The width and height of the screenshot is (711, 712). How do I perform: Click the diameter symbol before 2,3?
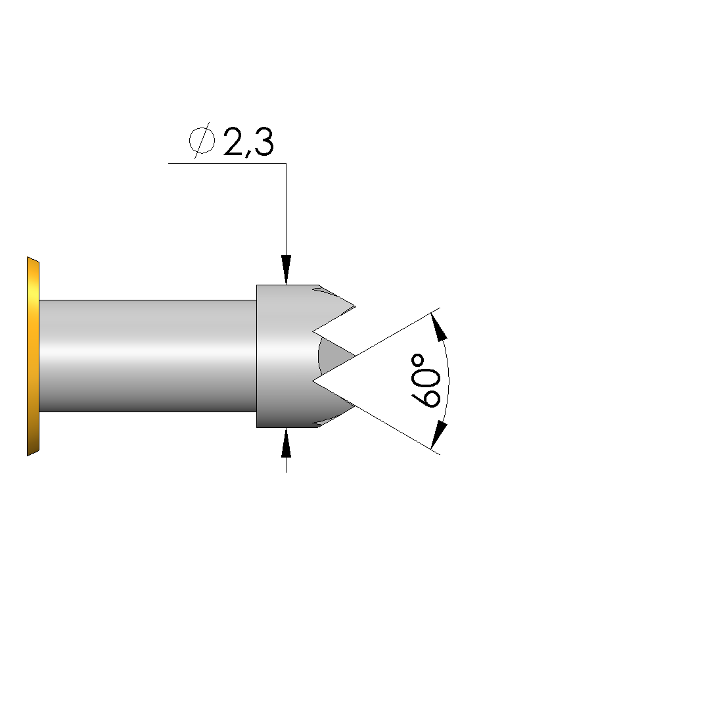pos(202,141)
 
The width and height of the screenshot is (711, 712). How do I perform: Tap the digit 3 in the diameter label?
pos(263,143)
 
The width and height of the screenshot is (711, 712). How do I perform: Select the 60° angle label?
pos(426,381)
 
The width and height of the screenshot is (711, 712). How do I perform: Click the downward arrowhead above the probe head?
pos(286,270)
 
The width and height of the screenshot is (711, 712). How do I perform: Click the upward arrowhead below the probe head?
pos(286,442)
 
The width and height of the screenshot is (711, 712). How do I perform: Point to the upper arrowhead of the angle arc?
pos(438,326)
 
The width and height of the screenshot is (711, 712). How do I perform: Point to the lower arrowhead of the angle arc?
pos(438,436)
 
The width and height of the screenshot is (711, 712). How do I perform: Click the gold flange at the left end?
pos(33,356)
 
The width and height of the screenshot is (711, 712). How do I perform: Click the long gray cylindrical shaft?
pos(148,356)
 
